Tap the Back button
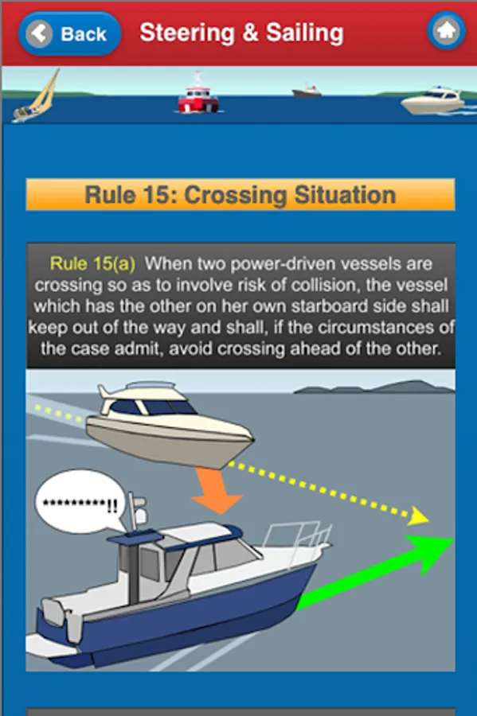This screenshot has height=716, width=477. click(x=69, y=33)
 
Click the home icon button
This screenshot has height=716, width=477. click(x=447, y=31)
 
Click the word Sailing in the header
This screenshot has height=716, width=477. click(x=305, y=33)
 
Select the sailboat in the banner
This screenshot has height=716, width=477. click(x=36, y=96)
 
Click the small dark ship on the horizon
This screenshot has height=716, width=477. click(x=307, y=91)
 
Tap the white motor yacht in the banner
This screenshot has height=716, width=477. click(x=433, y=100)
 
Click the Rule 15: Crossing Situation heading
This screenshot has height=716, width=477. click(x=240, y=195)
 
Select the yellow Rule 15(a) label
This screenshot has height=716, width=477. click(x=92, y=264)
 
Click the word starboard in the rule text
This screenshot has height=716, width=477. click(x=329, y=306)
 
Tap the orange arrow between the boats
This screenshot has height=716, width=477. click(x=216, y=489)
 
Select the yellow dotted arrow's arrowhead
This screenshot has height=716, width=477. click(x=417, y=516)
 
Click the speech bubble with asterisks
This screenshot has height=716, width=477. click(x=80, y=502)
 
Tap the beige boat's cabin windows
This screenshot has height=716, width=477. click(x=151, y=407)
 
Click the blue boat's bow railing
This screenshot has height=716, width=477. click(x=298, y=538)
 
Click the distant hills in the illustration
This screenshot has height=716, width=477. click(x=374, y=387)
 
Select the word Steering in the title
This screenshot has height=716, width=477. click(x=187, y=33)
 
